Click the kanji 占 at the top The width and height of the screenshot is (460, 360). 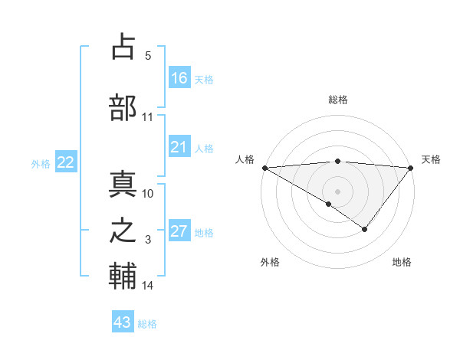[x=123, y=47]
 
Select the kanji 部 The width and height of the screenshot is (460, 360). [x=123, y=108]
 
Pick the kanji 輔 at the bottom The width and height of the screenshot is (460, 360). [x=123, y=277]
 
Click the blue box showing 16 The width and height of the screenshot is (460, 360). [x=179, y=78]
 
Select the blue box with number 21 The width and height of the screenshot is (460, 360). [x=179, y=147]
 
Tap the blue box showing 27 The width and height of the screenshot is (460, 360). [x=179, y=232]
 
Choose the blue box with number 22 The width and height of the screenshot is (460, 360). [x=66, y=162]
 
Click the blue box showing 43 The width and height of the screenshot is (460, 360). [x=123, y=322]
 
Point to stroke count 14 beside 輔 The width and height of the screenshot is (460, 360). [x=148, y=286]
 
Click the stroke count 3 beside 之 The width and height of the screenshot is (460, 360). [x=148, y=240]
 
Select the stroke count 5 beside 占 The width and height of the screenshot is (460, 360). [x=148, y=55]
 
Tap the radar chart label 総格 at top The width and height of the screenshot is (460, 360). [x=337, y=100]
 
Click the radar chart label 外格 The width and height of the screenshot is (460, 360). [x=270, y=262]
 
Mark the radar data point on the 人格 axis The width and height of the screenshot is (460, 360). [x=264, y=168]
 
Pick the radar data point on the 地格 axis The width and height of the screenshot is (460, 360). [x=365, y=229]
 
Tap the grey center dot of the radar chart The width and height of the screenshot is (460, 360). [x=337, y=191]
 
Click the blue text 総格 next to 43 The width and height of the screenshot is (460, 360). [x=147, y=324]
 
